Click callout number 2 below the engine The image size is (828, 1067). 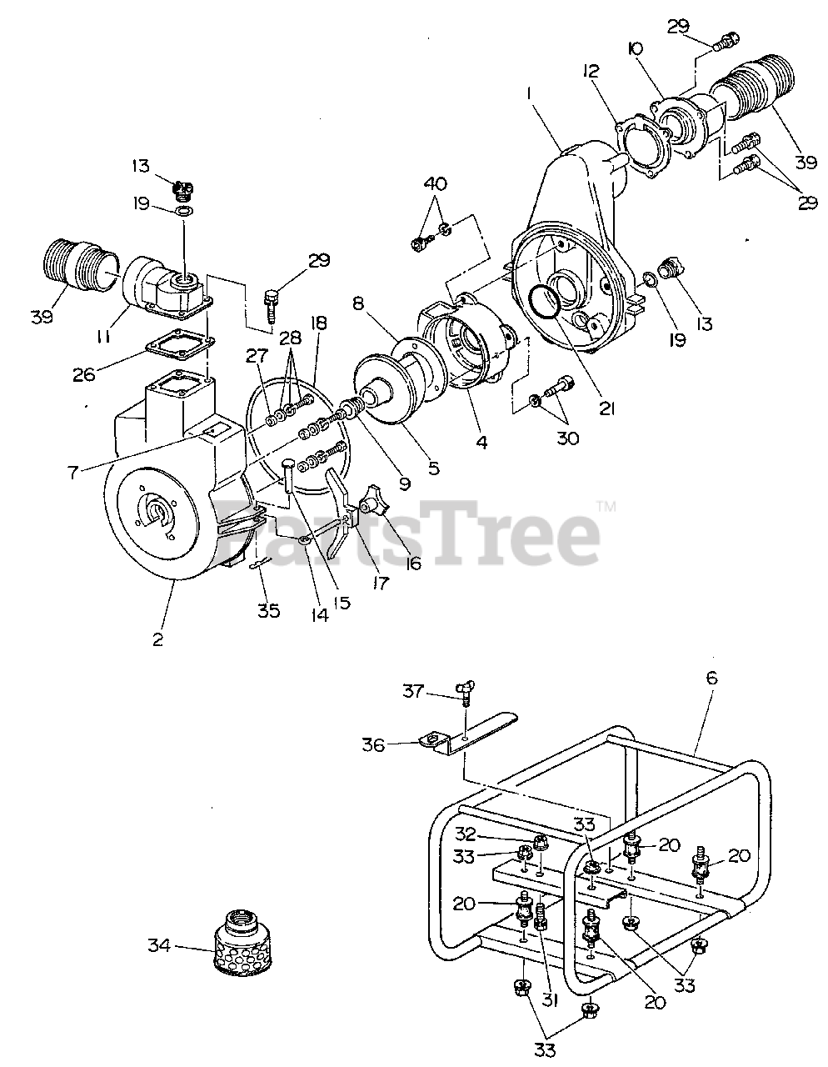(157, 639)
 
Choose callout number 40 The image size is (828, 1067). (434, 183)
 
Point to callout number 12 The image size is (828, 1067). (591, 72)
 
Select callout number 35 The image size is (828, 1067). (267, 610)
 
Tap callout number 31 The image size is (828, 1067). (548, 1000)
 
